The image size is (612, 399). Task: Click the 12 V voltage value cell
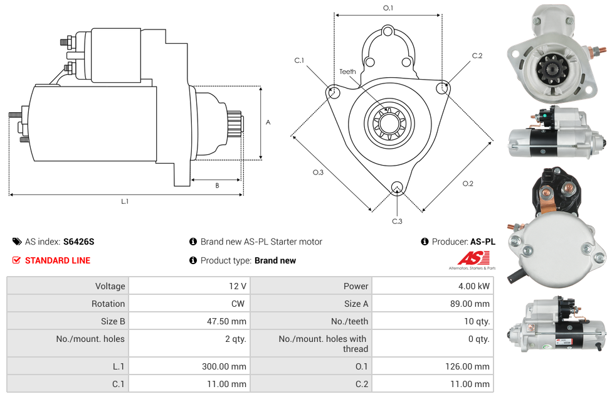click(x=237, y=286)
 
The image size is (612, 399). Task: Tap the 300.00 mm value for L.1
click(x=228, y=366)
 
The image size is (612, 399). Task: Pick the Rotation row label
click(x=108, y=304)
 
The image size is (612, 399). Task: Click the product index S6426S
click(x=78, y=242)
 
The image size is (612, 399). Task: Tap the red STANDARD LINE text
click(x=57, y=260)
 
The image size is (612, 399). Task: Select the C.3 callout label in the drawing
click(x=397, y=221)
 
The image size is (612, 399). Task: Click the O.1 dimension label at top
click(x=388, y=8)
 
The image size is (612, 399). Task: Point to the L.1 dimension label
click(x=125, y=201)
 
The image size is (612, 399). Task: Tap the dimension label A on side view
click(x=268, y=122)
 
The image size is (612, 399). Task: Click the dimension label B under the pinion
click(x=217, y=185)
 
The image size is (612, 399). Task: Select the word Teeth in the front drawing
click(x=347, y=72)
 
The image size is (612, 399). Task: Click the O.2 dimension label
click(x=468, y=183)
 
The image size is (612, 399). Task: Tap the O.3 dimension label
click(x=318, y=173)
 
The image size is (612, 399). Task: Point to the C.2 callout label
click(x=477, y=56)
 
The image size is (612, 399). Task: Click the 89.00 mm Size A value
click(x=471, y=304)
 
